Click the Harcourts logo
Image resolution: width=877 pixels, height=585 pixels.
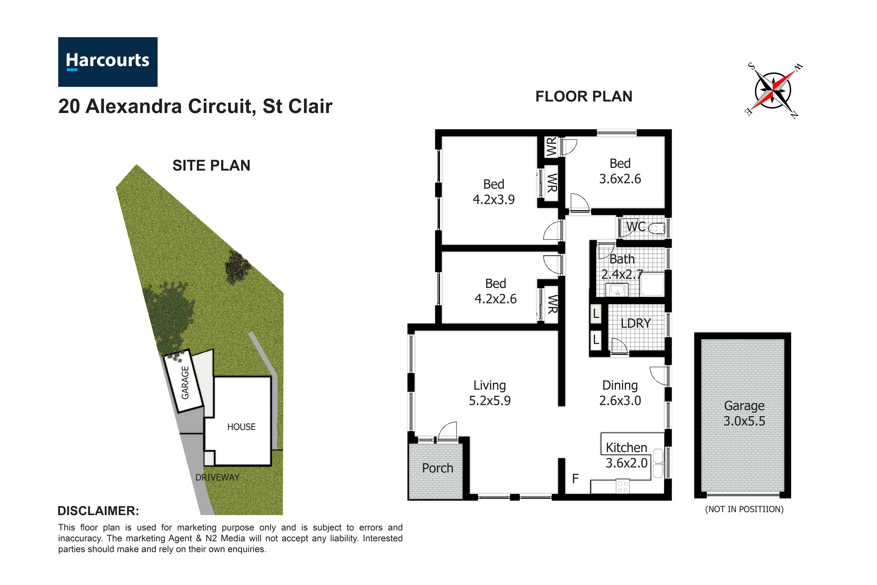(107, 62)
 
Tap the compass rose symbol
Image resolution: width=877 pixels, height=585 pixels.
(773, 91)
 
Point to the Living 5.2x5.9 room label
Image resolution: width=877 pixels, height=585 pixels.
(490, 393)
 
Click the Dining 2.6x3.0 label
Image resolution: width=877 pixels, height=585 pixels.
(620, 393)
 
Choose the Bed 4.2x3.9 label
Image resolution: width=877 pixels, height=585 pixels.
(494, 192)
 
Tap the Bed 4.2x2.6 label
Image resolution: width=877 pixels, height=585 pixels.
(496, 291)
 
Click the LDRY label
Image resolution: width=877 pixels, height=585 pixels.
(636, 323)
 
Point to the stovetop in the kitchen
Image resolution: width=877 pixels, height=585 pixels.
(622, 486)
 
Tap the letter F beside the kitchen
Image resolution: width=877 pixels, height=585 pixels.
(575, 479)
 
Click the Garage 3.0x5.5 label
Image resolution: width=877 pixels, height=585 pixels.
(744, 413)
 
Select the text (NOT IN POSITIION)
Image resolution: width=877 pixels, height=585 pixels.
(744, 509)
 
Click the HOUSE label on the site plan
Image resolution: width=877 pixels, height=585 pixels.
(241, 427)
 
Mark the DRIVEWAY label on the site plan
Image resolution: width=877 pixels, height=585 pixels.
(217, 477)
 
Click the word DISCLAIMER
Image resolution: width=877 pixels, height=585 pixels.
(98, 511)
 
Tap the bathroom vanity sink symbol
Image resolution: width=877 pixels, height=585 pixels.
(617, 290)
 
